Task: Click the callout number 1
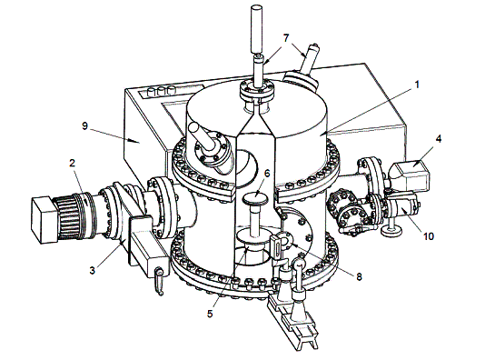pos(417,85)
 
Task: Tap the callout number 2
pos(73,163)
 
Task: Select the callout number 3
pos(92,271)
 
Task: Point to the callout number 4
pos(438,139)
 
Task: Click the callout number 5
pos(210,314)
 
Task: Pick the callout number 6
pos(267,174)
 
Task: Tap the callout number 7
pos(286,38)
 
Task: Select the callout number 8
pos(359,277)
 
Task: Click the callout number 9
pos(84,126)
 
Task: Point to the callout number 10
pos(429,236)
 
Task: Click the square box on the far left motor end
pos(44,220)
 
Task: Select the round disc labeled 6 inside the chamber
pos(256,199)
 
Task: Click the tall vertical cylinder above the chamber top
pos(257,29)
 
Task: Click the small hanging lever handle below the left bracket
pos(159,281)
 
